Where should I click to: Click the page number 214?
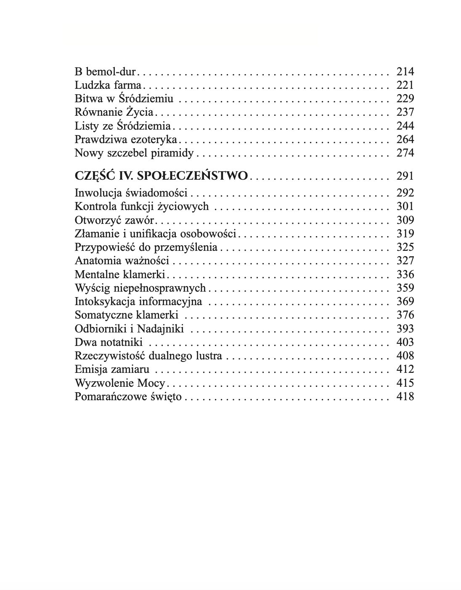coord(405,72)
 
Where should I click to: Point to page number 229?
coord(405,98)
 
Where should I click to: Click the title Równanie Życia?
coord(114,112)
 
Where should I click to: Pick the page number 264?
coord(405,139)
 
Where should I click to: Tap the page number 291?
coord(405,176)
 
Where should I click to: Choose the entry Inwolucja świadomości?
coord(131,193)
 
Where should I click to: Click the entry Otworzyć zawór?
coord(114,220)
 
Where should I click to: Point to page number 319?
coord(405,234)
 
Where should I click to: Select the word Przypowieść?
coord(104,247)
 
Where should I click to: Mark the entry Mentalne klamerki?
coord(120,274)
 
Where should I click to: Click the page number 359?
coord(405,288)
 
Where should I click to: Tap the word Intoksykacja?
coord(105,302)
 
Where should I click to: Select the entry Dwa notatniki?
coord(109,342)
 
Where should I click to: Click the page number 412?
coord(405,369)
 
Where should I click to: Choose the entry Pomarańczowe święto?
coord(128,396)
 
